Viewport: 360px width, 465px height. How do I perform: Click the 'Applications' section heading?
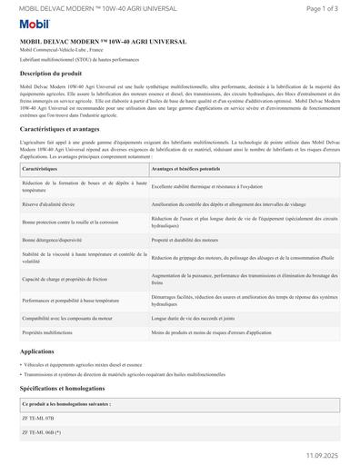tap(37, 351)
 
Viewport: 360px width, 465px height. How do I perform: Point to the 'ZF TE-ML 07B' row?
tap(40, 418)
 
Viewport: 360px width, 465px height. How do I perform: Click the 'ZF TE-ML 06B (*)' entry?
tap(44, 433)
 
